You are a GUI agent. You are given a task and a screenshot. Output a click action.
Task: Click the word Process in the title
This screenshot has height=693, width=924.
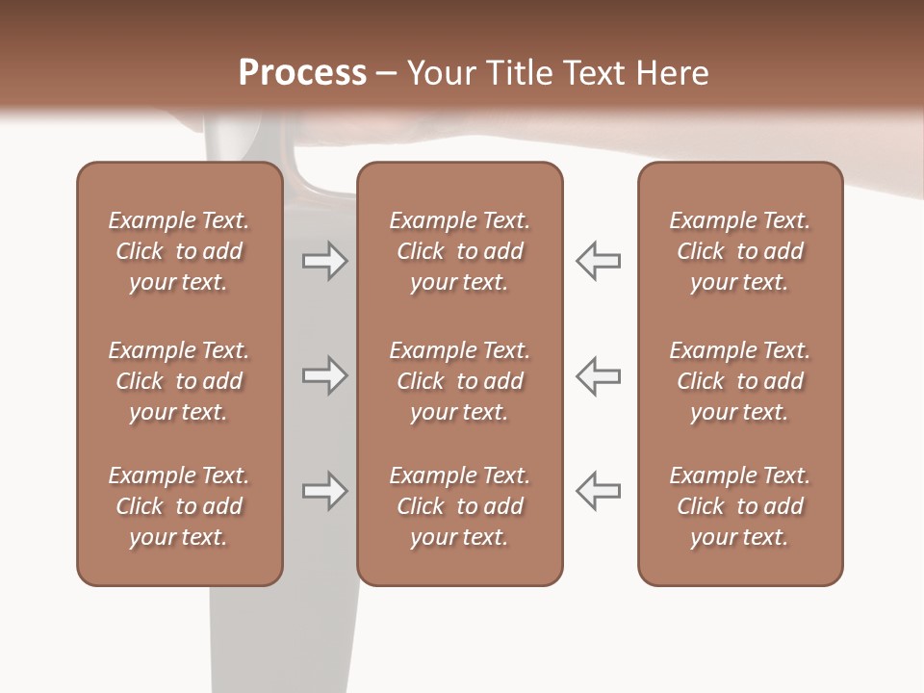pyautogui.click(x=302, y=73)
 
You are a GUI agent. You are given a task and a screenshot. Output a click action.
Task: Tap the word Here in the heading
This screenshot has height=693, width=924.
pyautogui.click(x=670, y=73)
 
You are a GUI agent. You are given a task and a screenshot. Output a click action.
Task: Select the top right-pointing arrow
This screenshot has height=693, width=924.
pyautogui.click(x=324, y=261)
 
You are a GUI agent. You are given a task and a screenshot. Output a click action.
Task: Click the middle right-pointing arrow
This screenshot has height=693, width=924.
pyautogui.click(x=324, y=375)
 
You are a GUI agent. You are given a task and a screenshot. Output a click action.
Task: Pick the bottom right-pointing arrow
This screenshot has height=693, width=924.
pyautogui.click(x=324, y=491)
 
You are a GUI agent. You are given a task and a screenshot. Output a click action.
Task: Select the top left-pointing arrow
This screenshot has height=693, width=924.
pyautogui.click(x=598, y=261)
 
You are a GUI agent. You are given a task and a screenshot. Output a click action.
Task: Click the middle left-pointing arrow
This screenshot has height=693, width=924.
pyautogui.click(x=598, y=375)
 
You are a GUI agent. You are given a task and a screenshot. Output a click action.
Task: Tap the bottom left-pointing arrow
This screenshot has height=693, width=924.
pyautogui.click(x=598, y=491)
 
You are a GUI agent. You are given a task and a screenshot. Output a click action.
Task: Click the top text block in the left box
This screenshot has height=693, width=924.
pyautogui.click(x=179, y=251)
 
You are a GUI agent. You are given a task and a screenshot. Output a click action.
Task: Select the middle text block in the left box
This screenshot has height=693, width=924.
pyautogui.click(x=179, y=381)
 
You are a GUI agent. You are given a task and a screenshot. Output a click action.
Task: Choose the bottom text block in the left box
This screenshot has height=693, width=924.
pyautogui.click(x=179, y=506)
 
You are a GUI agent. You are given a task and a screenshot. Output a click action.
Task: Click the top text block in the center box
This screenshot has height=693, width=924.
pyautogui.click(x=459, y=251)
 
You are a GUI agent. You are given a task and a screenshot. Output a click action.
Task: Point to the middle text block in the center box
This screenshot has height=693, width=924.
pyautogui.click(x=459, y=381)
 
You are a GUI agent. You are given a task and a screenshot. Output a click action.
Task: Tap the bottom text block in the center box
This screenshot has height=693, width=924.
pyautogui.click(x=459, y=506)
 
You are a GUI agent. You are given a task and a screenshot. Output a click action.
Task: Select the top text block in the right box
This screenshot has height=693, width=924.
pyautogui.click(x=739, y=251)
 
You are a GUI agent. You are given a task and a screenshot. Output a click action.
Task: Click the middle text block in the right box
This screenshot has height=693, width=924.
pyautogui.click(x=739, y=381)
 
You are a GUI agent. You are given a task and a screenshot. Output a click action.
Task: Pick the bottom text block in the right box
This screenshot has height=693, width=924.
pyautogui.click(x=739, y=506)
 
